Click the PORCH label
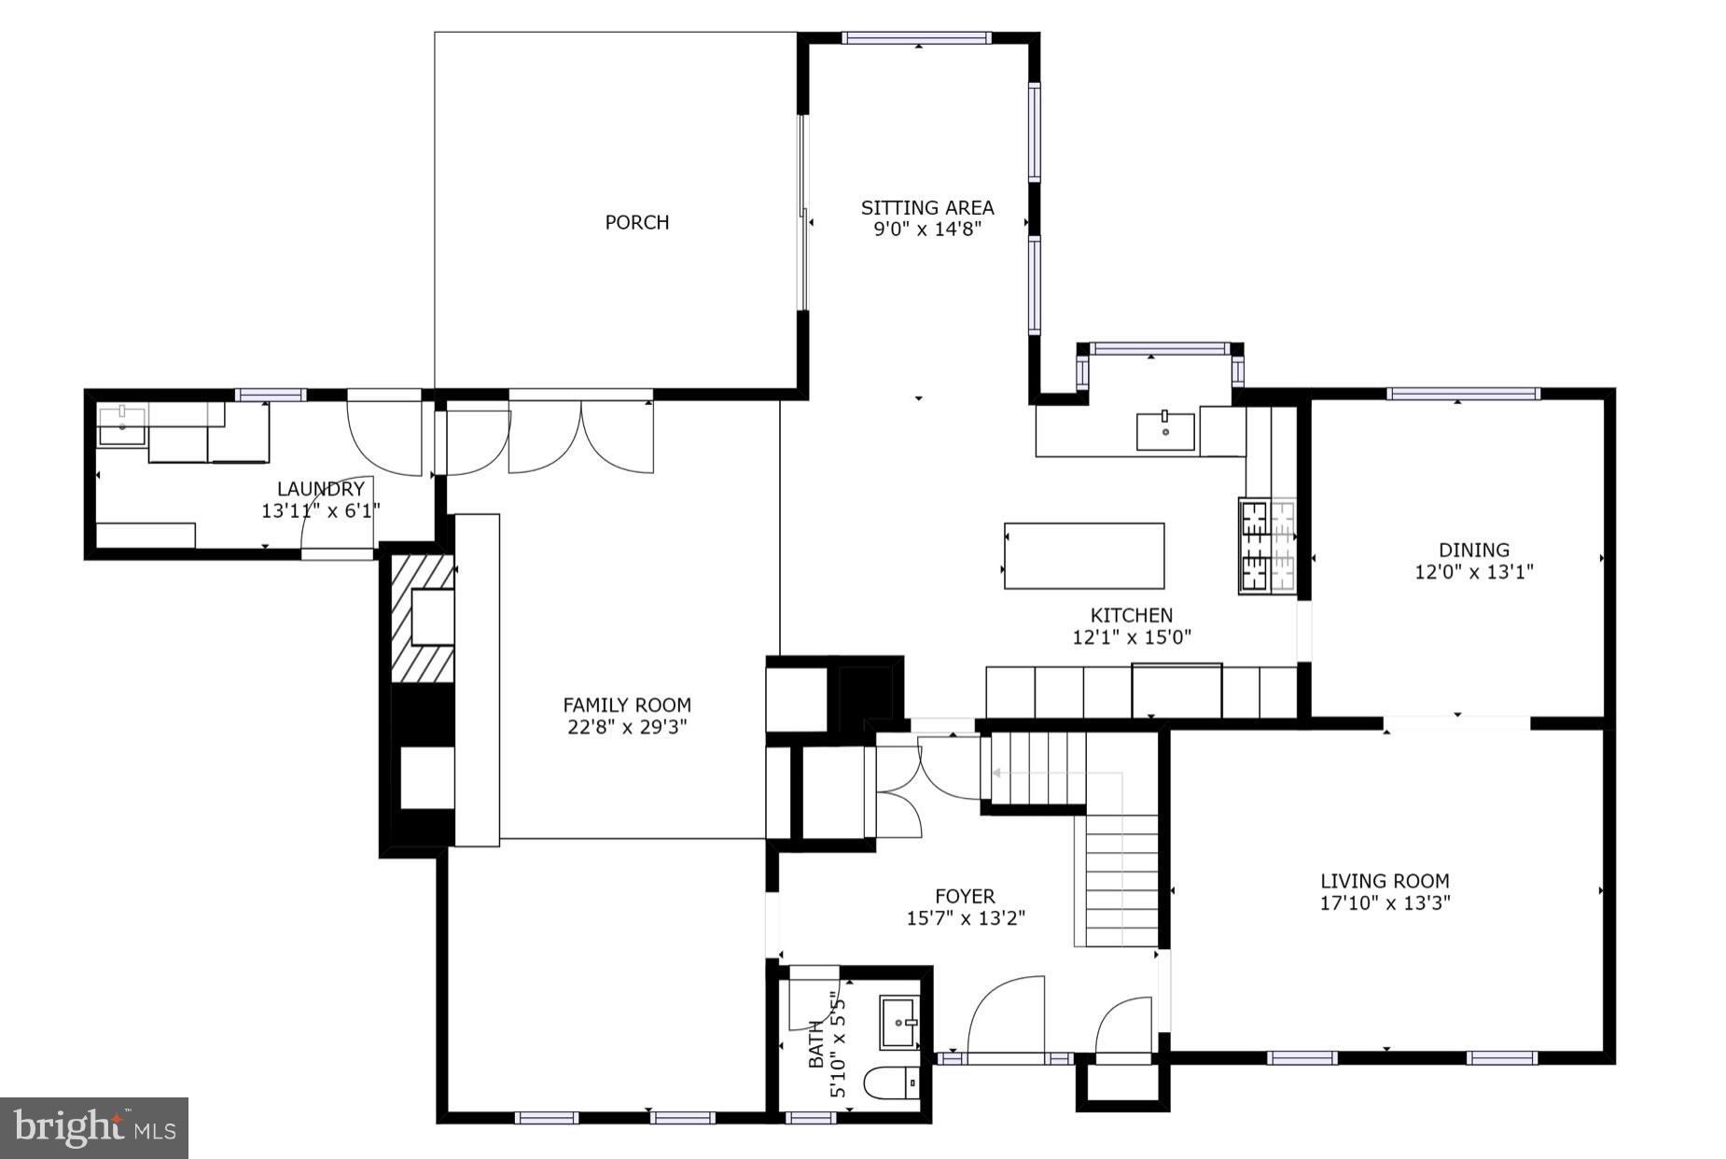(x=636, y=222)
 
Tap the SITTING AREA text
(x=926, y=207)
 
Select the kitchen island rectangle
(x=1083, y=555)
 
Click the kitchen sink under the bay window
(x=1165, y=431)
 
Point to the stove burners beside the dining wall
(x=1268, y=546)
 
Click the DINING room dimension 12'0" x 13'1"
(x=1473, y=572)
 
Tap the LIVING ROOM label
(x=1385, y=880)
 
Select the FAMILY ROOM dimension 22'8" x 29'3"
(x=627, y=727)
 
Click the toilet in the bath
(x=891, y=1083)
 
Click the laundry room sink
(x=121, y=427)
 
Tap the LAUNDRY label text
(x=320, y=489)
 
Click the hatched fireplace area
(x=422, y=618)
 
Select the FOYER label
(x=965, y=896)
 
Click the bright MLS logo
(x=94, y=1128)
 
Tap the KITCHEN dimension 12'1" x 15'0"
(x=1132, y=637)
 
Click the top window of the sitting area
(x=916, y=38)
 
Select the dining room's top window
(x=1462, y=394)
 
